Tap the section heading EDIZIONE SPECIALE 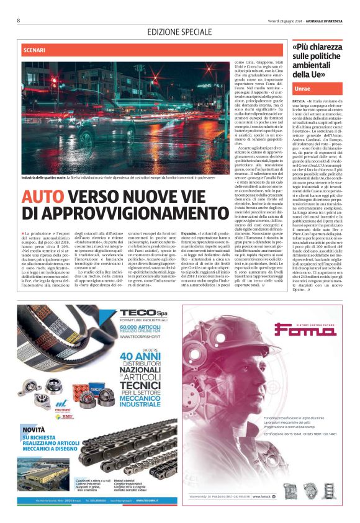click(180, 32)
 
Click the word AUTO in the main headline click(43, 197)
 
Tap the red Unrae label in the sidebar click(303, 89)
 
